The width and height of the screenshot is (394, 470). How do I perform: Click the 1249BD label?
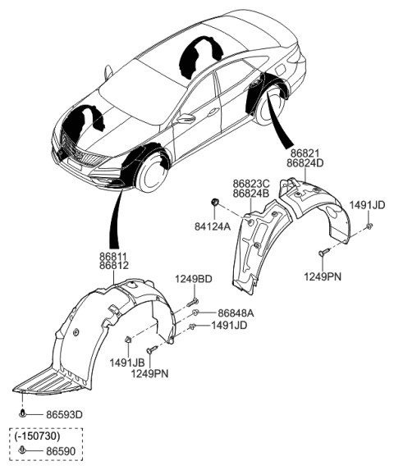pos(193,280)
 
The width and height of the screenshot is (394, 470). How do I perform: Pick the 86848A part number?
pos(236,313)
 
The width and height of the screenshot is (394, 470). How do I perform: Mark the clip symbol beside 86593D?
pos(25,415)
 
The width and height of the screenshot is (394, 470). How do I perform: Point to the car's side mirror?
pos(187,118)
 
